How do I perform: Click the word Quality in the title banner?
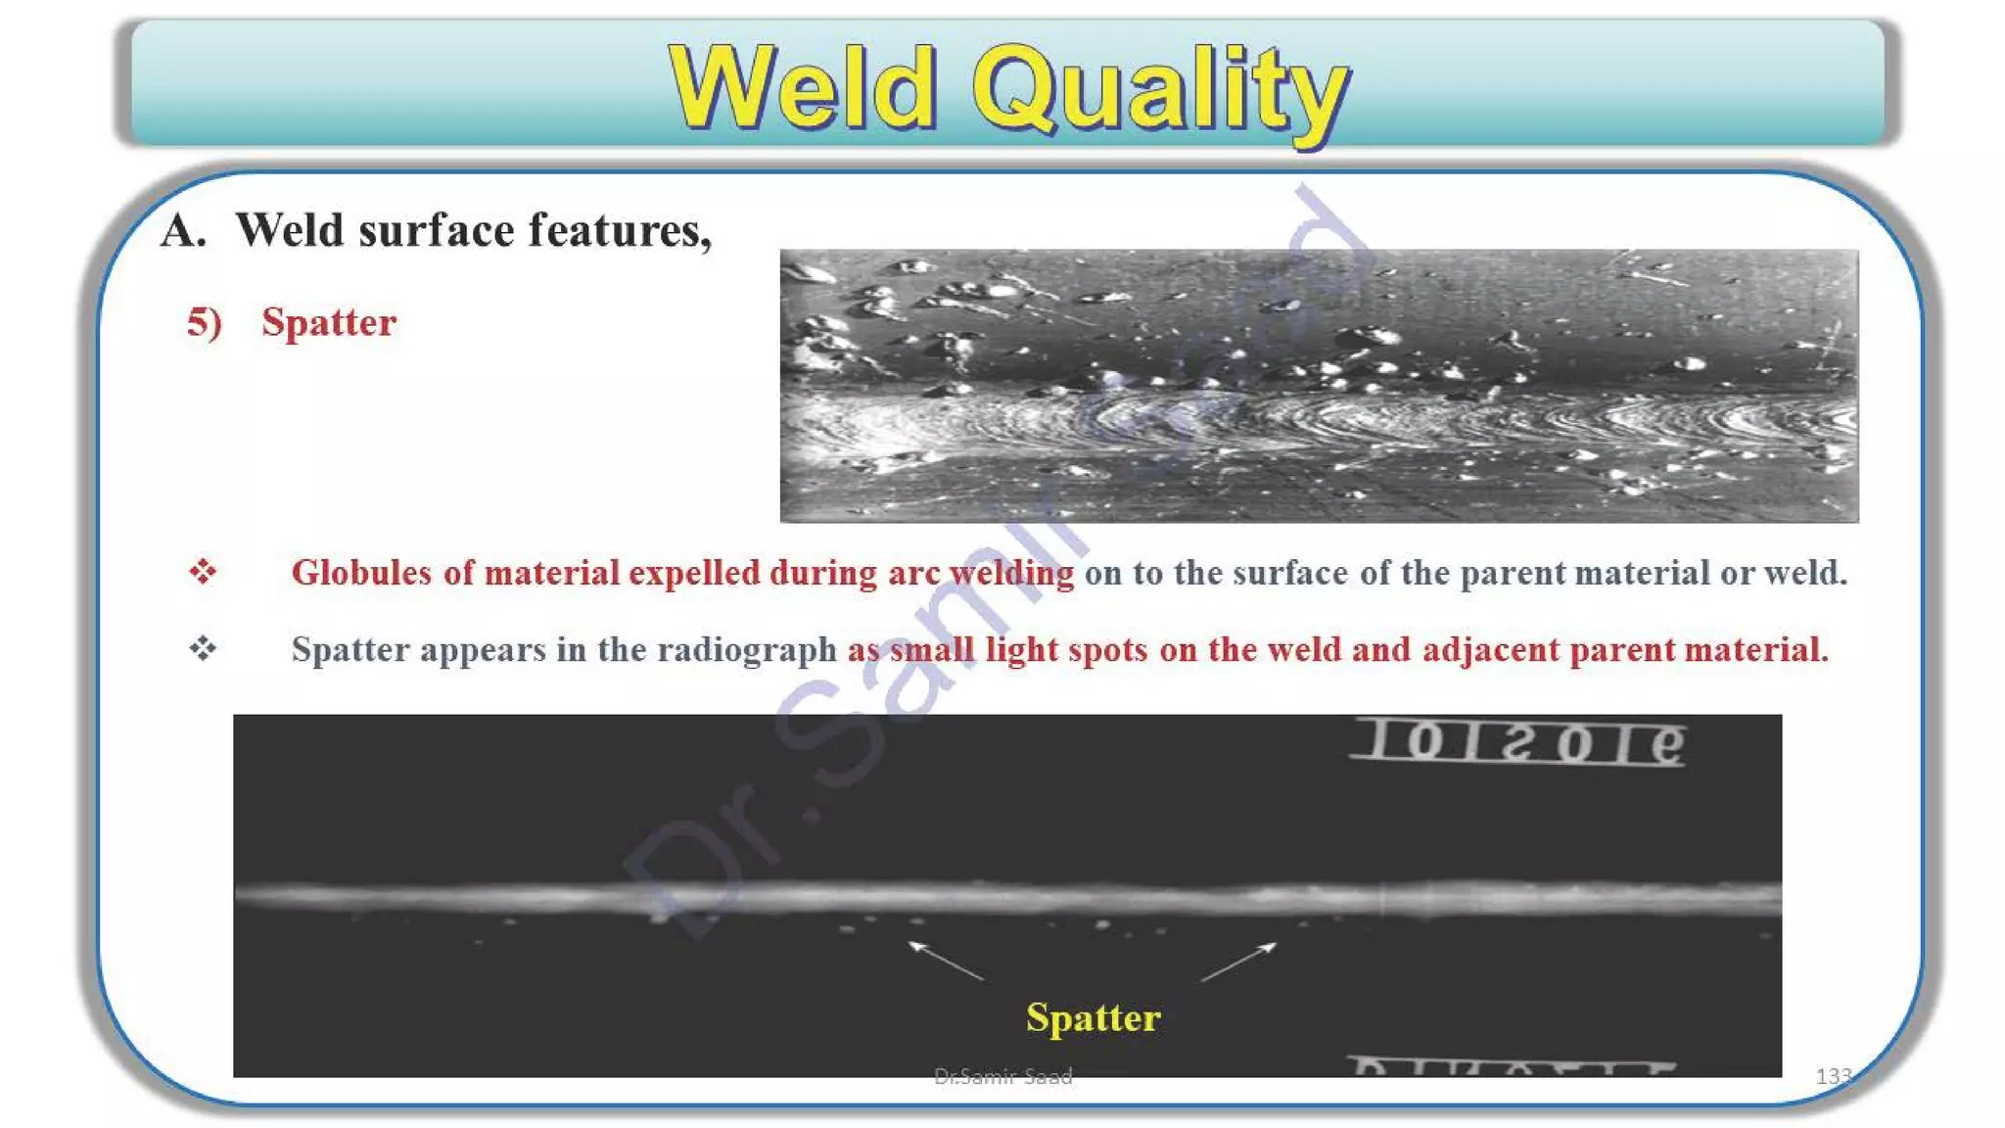point(1160,90)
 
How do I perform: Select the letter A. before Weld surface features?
point(184,231)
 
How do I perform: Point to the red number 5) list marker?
point(205,322)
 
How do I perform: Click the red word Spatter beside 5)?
point(329,322)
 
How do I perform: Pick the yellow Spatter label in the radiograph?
point(1093,1017)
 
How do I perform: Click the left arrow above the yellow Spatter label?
point(945,960)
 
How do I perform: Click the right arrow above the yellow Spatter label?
point(1238,961)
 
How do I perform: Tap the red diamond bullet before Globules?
point(203,571)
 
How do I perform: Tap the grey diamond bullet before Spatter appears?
point(203,648)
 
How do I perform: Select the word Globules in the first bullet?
point(361,573)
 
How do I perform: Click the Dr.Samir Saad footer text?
point(1002,1076)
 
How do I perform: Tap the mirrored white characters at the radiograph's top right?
point(1517,742)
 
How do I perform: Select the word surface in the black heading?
point(437,231)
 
